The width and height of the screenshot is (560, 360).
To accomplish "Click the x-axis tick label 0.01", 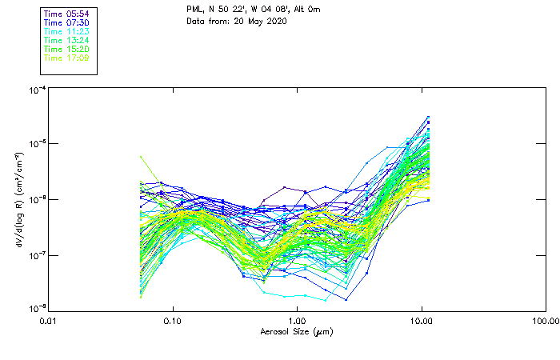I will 49,320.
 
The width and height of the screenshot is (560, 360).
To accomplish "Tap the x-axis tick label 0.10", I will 173,320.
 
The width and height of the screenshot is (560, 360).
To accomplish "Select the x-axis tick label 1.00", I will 297,320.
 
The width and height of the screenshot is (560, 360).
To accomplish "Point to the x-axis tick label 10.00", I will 421,320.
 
